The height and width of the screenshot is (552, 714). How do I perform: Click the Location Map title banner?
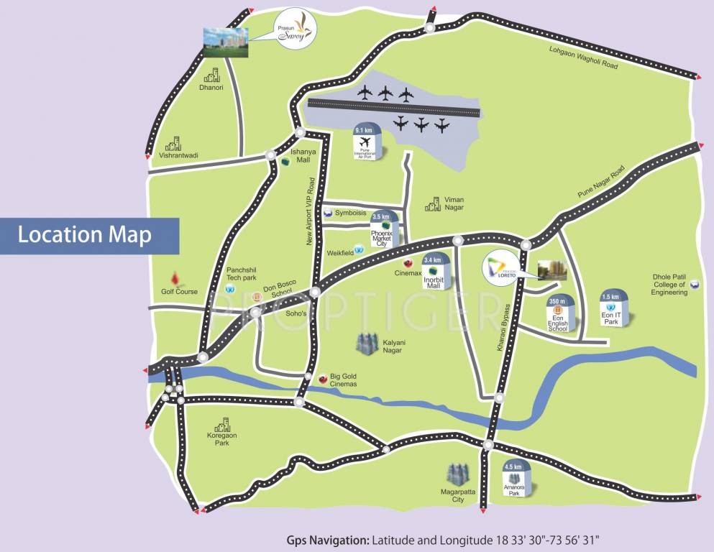click(x=85, y=236)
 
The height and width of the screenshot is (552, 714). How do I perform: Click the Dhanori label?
click(x=211, y=88)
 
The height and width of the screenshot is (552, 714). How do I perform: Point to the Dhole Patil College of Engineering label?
click(x=670, y=284)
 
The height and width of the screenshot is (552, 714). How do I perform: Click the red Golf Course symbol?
click(x=174, y=278)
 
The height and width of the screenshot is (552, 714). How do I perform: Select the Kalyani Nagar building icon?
click(x=367, y=343)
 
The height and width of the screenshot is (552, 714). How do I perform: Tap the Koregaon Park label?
click(x=221, y=438)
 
